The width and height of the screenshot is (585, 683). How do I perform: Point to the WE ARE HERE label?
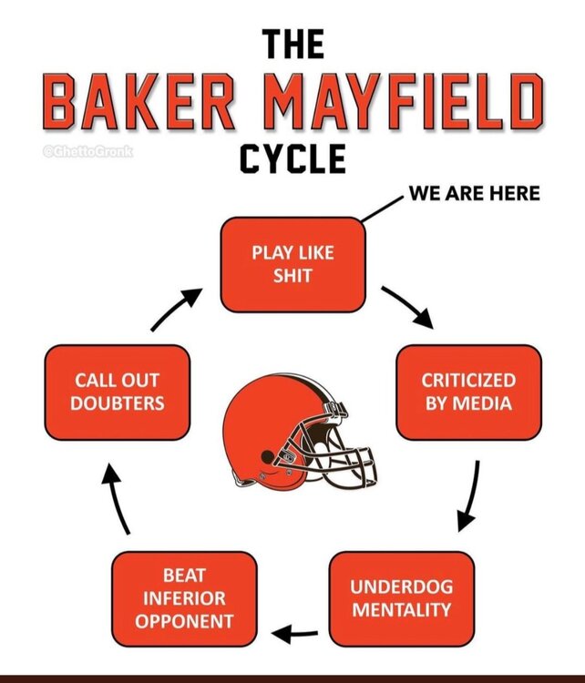tap(475, 193)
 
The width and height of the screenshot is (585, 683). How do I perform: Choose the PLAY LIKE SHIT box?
tap(292, 264)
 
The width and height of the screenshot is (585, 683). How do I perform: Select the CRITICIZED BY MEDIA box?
tap(468, 391)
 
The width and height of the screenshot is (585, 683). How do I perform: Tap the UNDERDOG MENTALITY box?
tap(402, 597)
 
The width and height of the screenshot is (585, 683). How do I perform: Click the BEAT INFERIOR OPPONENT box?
tap(185, 598)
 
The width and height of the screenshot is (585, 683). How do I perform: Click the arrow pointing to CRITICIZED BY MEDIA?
tap(407, 307)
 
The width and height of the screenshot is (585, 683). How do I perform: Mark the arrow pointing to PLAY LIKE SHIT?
tap(177, 308)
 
